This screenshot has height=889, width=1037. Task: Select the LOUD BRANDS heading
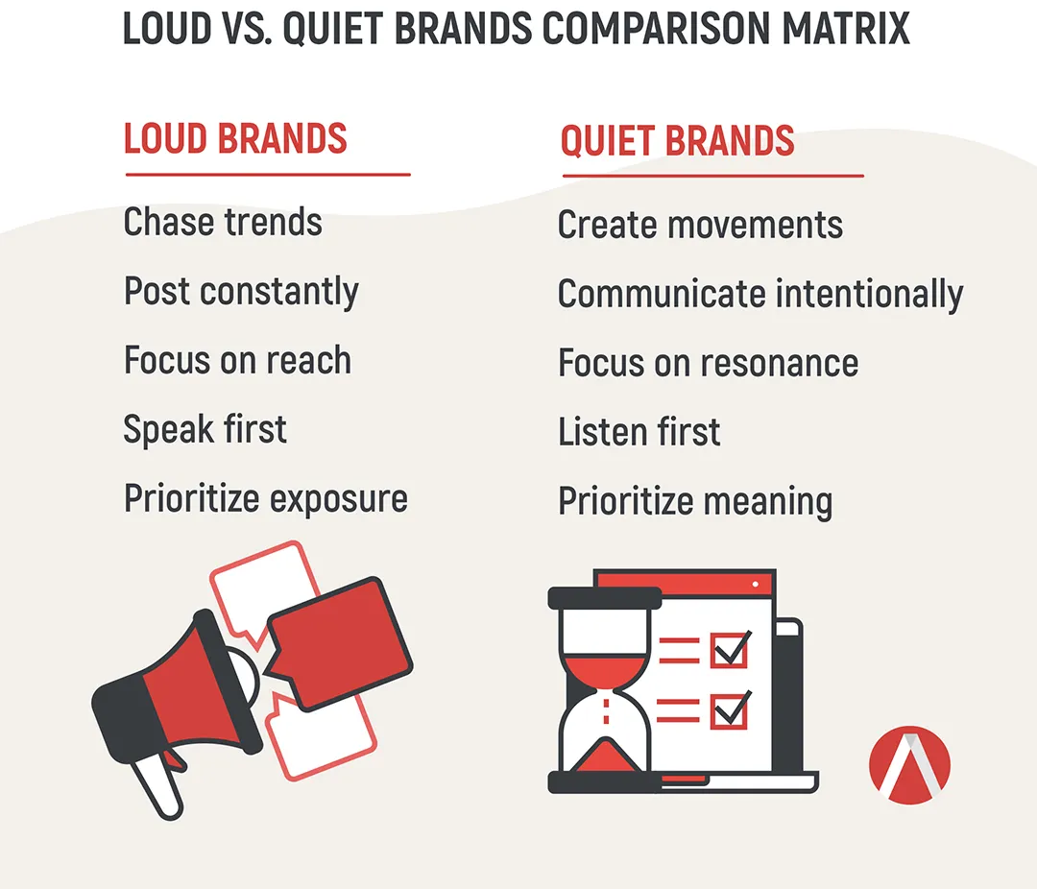pos(235,138)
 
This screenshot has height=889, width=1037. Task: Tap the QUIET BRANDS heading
pos(677,141)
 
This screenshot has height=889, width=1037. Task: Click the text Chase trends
pos(223,222)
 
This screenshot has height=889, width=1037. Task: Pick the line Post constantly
pos(241,292)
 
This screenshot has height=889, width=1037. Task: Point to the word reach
pos(309,360)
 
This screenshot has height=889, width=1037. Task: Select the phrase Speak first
pos(205,429)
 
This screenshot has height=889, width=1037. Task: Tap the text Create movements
pos(700,225)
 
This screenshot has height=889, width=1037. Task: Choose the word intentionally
pos(870,295)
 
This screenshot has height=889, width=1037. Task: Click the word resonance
pos(780,363)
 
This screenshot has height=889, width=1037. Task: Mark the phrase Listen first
pos(639,432)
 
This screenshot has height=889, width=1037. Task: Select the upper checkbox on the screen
pos(730,649)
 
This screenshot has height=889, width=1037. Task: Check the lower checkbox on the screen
pos(730,709)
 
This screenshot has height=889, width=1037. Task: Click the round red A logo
pos(909,765)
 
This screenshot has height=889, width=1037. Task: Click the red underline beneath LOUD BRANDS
pos(268,175)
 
